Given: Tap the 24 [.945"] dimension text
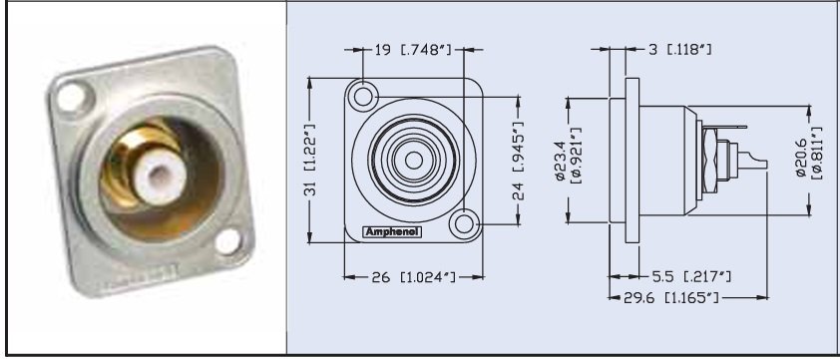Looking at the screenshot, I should tap(519, 163).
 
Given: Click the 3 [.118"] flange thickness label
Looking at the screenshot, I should tap(677, 49).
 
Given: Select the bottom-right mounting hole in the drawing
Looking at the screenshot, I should tap(461, 225).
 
